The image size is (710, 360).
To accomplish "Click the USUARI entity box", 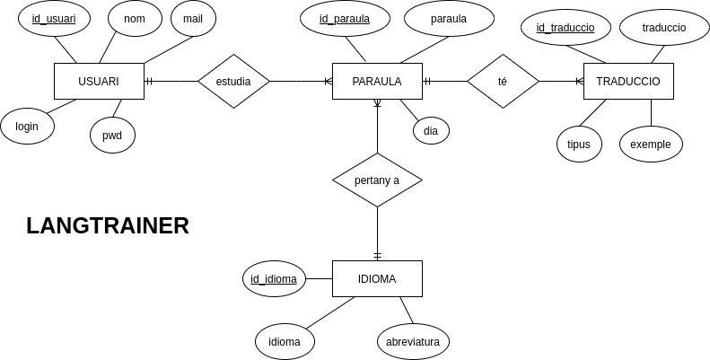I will [x=99, y=81].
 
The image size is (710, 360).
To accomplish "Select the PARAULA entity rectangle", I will [x=377, y=81].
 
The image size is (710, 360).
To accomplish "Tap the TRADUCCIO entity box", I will [x=628, y=81].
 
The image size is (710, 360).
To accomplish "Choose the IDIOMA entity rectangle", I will [x=377, y=278].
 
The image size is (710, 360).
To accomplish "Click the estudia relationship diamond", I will [x=233, y=81].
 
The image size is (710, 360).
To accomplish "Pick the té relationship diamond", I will [x=503, y=81].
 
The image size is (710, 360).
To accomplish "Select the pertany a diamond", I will [x=377, y=180].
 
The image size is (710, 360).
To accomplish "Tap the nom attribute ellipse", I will [x=135, y=18].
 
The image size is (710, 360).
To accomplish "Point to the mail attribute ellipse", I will [x=193, y=18].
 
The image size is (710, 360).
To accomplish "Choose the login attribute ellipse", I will [x=27, y=126].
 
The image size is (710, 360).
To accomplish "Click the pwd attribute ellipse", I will [x=112, y=135].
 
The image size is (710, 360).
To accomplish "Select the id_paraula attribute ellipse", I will [x=346, y=18].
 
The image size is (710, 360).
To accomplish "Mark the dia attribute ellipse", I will [x=431, y=131].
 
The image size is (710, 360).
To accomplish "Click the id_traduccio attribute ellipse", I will [x=565, y=27].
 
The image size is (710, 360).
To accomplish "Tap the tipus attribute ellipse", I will [x=579, y=144].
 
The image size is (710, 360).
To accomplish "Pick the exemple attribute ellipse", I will [x=651, y=144].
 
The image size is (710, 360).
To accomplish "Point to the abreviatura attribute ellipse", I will [x=413, y=341].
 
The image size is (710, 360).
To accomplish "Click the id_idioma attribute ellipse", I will [x=274, y=278].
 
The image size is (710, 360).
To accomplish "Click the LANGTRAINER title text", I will [x=108, y=225].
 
